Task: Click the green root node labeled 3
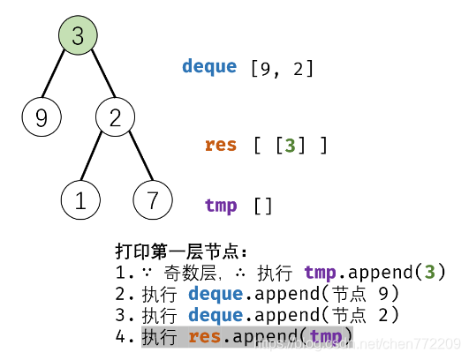click(x=78, y=36)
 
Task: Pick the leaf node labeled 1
click(x=80, y=200)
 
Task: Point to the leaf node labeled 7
click(x=152, y=200)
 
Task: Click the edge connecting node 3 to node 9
click(x=59, y=78)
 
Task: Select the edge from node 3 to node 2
click(x=96, y=78)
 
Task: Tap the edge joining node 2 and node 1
click(x=97, y=160)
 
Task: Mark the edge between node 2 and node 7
click(x=133, y=160)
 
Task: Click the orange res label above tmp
click(x=221, y=145)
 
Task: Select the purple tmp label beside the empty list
click(x=221, y=206)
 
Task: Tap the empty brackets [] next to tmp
click(x=263, y=206)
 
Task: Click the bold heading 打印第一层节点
click(x=181, y=251)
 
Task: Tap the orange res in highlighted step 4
click(x=205, y=335)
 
